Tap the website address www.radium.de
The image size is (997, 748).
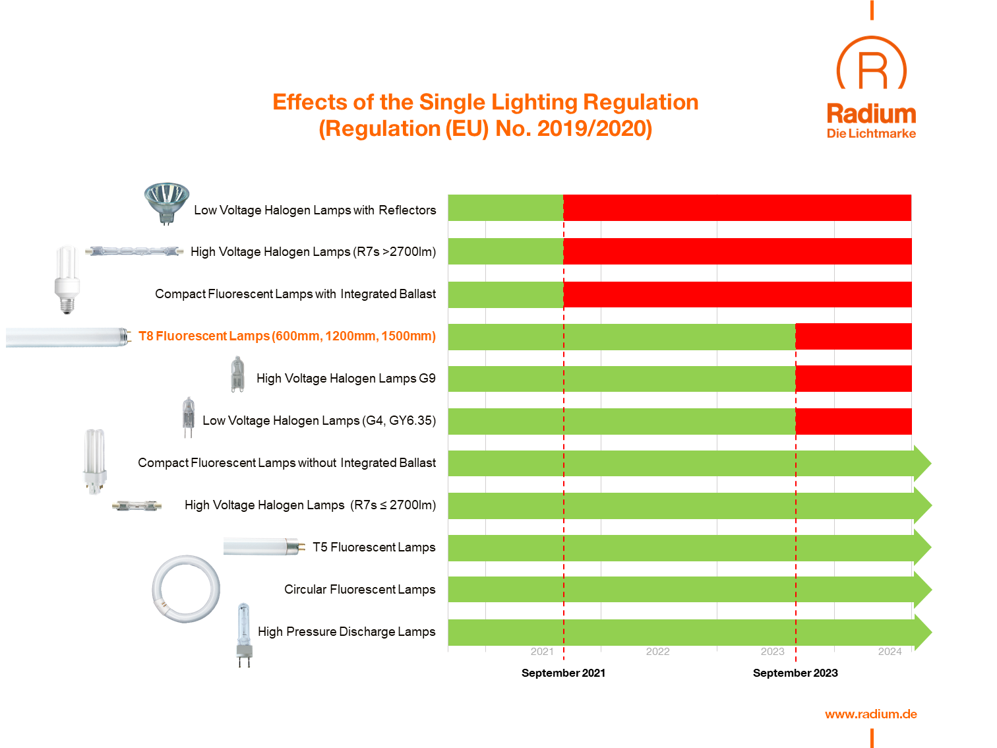pos(870,714)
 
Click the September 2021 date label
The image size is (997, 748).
pos(563,673)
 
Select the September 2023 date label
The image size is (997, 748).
pos(795,673)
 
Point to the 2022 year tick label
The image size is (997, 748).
pos(657,652)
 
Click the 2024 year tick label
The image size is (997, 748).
pos(890,652)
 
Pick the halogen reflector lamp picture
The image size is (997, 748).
pos(167,201)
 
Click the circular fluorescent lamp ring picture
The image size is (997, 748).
pos(186,589)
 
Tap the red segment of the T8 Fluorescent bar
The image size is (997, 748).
pos(853,336)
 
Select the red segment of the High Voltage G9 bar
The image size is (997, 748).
pos(853,379)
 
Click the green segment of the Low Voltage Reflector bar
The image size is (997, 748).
pos(505,208)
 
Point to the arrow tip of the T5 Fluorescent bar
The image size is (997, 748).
pos(923,547)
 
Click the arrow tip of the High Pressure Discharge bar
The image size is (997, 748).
pos(923,632)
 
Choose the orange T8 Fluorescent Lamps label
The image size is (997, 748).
pos(287,336)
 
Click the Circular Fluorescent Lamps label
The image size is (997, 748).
pos(359,590)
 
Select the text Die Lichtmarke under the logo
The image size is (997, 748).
pos(871,134)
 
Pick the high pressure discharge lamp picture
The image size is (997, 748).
pos(244,633)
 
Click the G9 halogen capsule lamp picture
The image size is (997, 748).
pos(237,375)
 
